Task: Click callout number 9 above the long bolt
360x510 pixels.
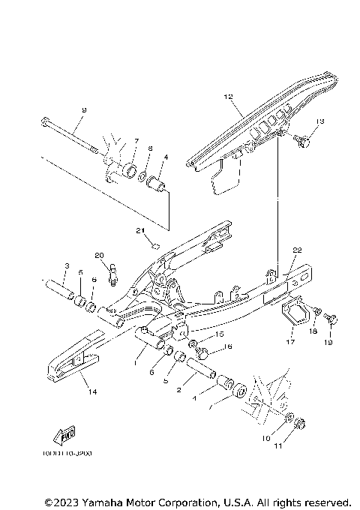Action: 84,110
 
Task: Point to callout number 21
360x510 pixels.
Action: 139,230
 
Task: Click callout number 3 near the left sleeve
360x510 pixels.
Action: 66,266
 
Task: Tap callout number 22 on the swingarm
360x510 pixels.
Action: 297,250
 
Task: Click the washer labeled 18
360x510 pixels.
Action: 318,311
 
